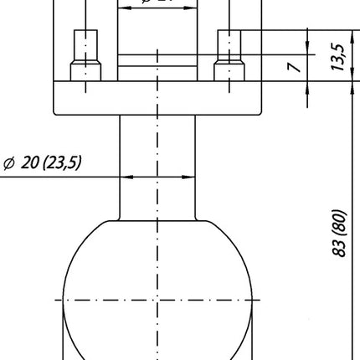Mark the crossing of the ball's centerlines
(x=157, y=299)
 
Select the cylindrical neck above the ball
(x=157, y=163)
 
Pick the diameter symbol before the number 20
(x=10, y=163)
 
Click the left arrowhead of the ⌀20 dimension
(x=126, y=177)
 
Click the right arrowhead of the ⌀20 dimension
(x=191, y=177)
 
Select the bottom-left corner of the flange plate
(x=55, y=114)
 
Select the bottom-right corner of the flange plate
(x=261, y=114)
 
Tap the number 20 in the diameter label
(x=32, y=163)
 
